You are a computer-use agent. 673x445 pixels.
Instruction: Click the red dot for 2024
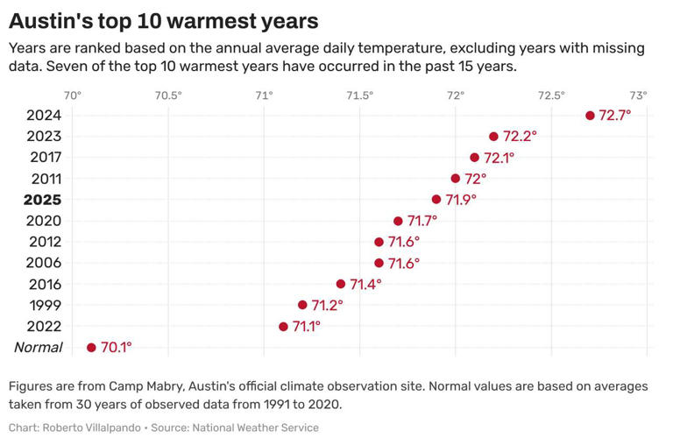pyautogui.click(x=590, y=116)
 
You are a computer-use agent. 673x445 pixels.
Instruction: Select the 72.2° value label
pyautogui.click(x=520, y=137)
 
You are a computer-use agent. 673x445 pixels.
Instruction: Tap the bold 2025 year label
pyautogui.click(x=42, y=200)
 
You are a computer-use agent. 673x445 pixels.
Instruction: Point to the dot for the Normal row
pyautogui.click(x=91, y=348)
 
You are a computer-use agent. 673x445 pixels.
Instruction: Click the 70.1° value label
pyautogui.click(x=117, y=348)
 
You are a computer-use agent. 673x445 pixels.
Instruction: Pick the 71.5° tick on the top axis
pyautogui.click(x=359, y=95)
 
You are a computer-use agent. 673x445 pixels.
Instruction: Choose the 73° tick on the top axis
pyautogui.click(x=639, y=95)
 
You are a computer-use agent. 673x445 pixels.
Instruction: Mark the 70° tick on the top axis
pyautogui.click(x=73, y=95)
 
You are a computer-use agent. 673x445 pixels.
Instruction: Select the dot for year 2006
pyautogui.click(x=379, y=263)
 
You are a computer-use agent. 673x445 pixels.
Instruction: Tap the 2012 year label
pyautogui.click(x=43, y=242)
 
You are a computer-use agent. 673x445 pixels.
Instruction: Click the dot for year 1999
pyautogui.click(x=302, y=305)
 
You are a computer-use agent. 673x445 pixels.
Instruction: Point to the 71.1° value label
pyautogui.click(x=307, y=327)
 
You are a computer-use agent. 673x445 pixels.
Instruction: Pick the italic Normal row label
pyautogui.click(x=39, y=348)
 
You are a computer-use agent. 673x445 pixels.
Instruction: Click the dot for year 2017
pyautogui.click(x=475, y=158)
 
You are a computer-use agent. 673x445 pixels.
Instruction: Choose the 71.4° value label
pyautogui.click(x=366, y=284)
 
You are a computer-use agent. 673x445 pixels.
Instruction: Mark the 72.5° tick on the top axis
pyautogui.click(x=551, y=95)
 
